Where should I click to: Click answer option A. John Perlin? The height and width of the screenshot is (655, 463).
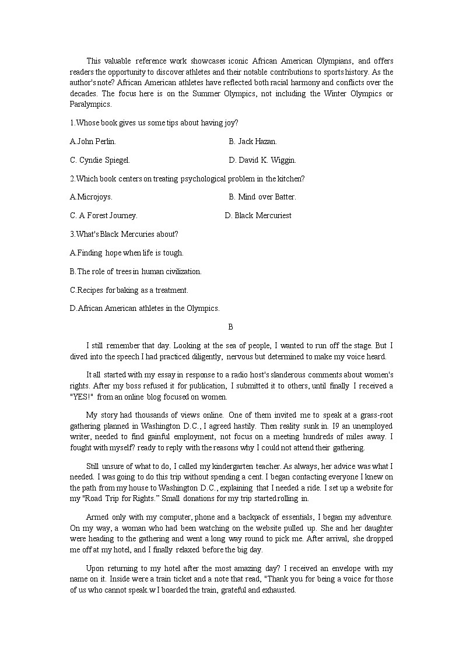coord(93,141)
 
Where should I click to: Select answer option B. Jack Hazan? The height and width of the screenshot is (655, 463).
coord(252,141)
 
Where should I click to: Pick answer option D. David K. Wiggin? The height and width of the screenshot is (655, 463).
coord(262,160)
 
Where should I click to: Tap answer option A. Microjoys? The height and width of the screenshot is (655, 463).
coord(91,197)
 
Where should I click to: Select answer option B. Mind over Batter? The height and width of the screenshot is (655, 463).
coord(262,197)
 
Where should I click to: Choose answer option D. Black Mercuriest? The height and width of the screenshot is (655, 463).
coord(258,215)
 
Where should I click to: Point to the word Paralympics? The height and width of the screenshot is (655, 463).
coord(90,104)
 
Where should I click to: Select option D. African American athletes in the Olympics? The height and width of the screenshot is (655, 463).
coord(145,308)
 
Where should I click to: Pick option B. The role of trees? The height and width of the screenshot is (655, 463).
coord(135,271)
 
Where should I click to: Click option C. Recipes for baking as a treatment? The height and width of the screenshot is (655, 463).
coord(129,290)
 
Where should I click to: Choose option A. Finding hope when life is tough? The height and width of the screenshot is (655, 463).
coord(127,253)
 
